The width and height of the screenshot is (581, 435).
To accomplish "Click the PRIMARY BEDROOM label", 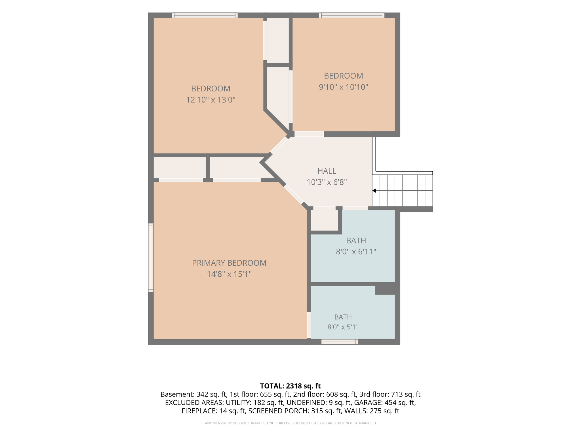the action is point(229,263).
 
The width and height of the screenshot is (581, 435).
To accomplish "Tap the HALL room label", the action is point(327,171).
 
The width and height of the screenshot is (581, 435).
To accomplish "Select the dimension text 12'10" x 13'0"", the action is point(211,100).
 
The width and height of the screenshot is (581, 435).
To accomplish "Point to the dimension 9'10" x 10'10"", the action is point(344,87).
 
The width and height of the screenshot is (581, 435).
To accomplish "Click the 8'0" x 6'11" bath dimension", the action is point(356,251).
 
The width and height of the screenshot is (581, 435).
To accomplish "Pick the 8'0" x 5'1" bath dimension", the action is point(343,327).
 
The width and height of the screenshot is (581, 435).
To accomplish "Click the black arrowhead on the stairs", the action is point(374,191).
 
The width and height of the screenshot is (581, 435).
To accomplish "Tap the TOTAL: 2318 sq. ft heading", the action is point(290,386).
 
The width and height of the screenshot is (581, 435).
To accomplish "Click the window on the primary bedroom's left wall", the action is point(151,257).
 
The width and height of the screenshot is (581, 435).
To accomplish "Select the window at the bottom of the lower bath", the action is point(340,342).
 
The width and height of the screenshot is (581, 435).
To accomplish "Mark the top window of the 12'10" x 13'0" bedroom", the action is point(205,15).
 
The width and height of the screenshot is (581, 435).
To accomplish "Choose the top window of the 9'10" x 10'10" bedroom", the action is point(352,15).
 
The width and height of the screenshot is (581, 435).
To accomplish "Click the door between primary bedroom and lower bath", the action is point(309,325).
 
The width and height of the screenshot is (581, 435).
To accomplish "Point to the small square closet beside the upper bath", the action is point(325,220).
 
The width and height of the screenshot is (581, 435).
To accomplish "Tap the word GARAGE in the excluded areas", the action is point(366,402).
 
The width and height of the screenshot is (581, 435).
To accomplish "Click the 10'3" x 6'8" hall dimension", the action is point(327,182).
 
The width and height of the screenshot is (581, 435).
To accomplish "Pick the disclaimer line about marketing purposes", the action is point(290,423).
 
